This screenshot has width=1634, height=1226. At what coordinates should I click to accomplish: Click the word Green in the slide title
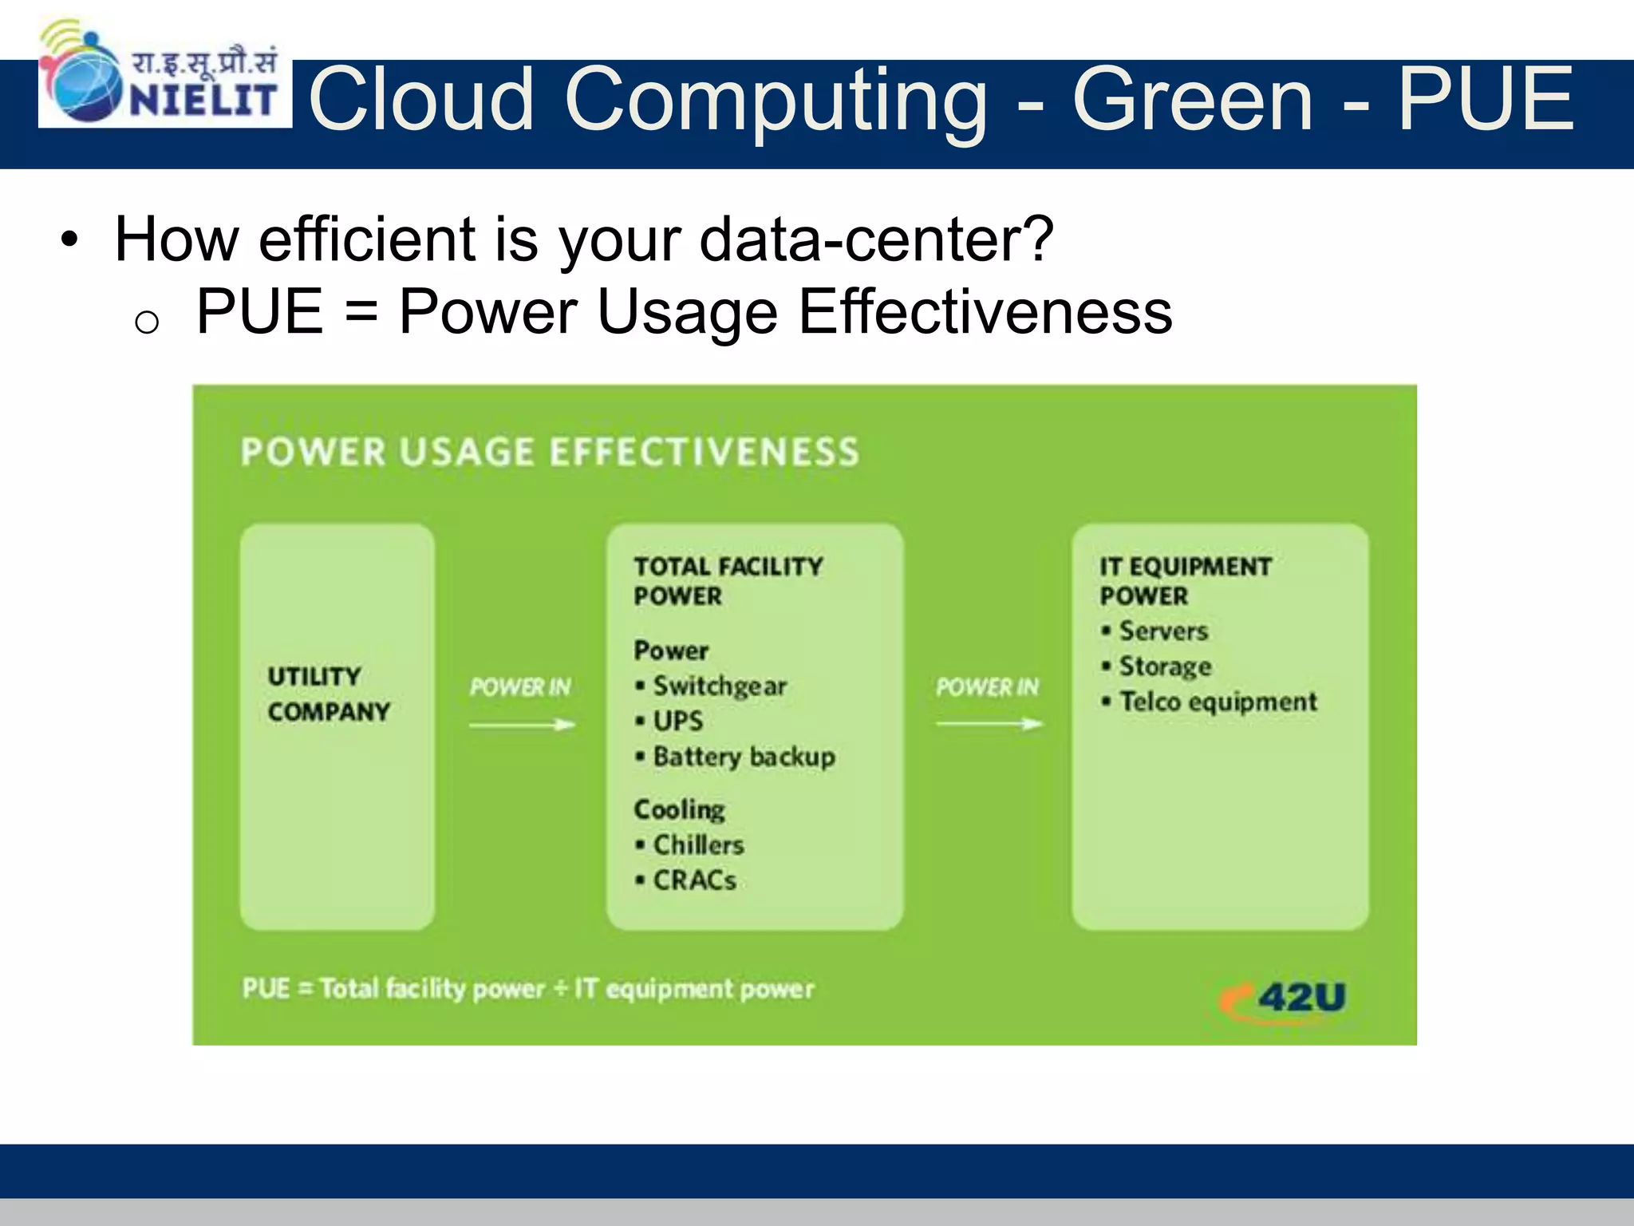tap(1192, 99)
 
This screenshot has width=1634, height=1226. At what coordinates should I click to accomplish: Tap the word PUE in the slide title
tap(1486, 99)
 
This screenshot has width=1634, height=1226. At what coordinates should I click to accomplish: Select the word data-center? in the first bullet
tap(876, 239)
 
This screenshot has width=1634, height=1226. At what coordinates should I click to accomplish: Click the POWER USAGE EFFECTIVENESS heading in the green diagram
tap(550, 452)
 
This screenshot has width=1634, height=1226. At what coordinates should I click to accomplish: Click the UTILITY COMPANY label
tap(328, 694)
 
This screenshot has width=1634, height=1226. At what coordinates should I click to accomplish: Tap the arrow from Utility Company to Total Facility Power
tap(522, 725)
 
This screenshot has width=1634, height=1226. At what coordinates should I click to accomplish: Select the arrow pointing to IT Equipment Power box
tap(989, 724)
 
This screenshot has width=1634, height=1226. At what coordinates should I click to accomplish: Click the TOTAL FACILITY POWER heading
tap(727, 581)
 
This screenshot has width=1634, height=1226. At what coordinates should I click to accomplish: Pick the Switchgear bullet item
tap(719, 686)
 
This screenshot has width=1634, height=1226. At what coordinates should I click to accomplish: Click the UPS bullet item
tap(677, 721)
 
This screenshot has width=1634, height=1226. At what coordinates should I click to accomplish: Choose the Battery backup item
tap(743, 756)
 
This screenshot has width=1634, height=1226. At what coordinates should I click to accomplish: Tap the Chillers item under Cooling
tap(698, 844)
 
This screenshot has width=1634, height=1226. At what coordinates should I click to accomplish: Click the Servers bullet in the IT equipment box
tap(1162, 631)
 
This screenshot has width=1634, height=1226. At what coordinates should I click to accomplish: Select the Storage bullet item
tap(1164, 666)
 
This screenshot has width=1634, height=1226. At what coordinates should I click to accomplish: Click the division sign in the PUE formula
tap(560, 989)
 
